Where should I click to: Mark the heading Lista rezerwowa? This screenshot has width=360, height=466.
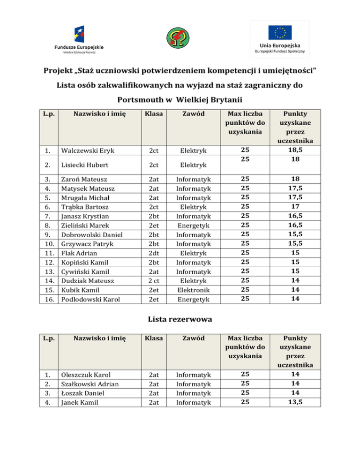(180, 319)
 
